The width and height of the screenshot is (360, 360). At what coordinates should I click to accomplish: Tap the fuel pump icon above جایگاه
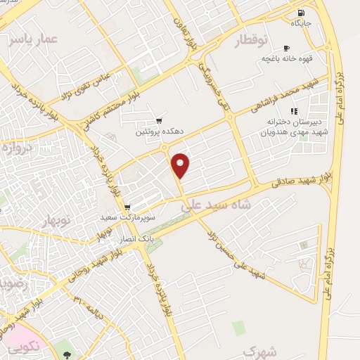(302, 12)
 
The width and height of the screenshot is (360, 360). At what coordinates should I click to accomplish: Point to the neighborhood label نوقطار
(250, 39)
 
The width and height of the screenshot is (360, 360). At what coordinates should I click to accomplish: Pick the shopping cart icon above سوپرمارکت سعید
(127, 207)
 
